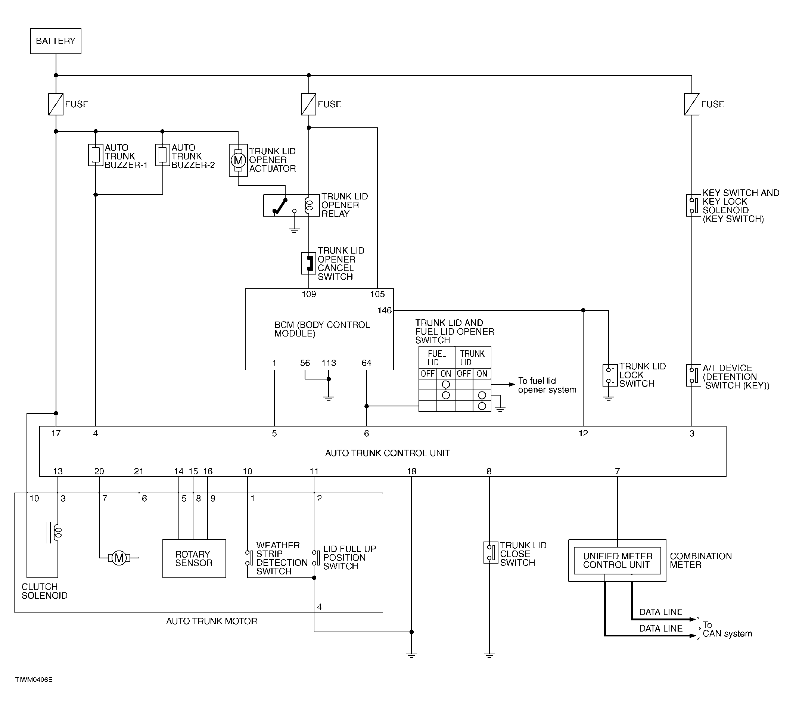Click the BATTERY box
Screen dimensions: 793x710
[x=56, y=41]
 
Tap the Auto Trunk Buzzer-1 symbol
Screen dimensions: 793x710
[x=96, y=155]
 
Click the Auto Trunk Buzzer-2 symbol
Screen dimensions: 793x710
[x=162, y=155]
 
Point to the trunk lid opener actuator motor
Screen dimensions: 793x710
[x=238, y=160]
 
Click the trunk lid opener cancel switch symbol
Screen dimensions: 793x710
[x=309, y=263]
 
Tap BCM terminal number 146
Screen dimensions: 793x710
[x=385, y=310]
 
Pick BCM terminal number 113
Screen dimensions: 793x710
[x=329, y=363]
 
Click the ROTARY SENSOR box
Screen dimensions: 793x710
[x=194, y=559]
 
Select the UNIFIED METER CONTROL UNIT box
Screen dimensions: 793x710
[x=618, y=561]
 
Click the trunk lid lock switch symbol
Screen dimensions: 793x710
[x=610, y=375]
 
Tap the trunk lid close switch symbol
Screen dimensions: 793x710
[x=491, y=552]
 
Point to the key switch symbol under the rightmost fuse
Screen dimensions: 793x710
[x=694, y=205]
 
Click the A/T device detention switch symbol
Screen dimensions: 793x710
[x=694, y=375]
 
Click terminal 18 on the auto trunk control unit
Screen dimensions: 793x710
[x=412, y=471]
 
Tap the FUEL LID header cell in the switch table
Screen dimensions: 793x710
[x=437, y=358]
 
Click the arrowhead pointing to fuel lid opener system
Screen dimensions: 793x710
[x=512, y=385]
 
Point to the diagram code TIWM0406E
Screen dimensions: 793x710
[x=34, y=680]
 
